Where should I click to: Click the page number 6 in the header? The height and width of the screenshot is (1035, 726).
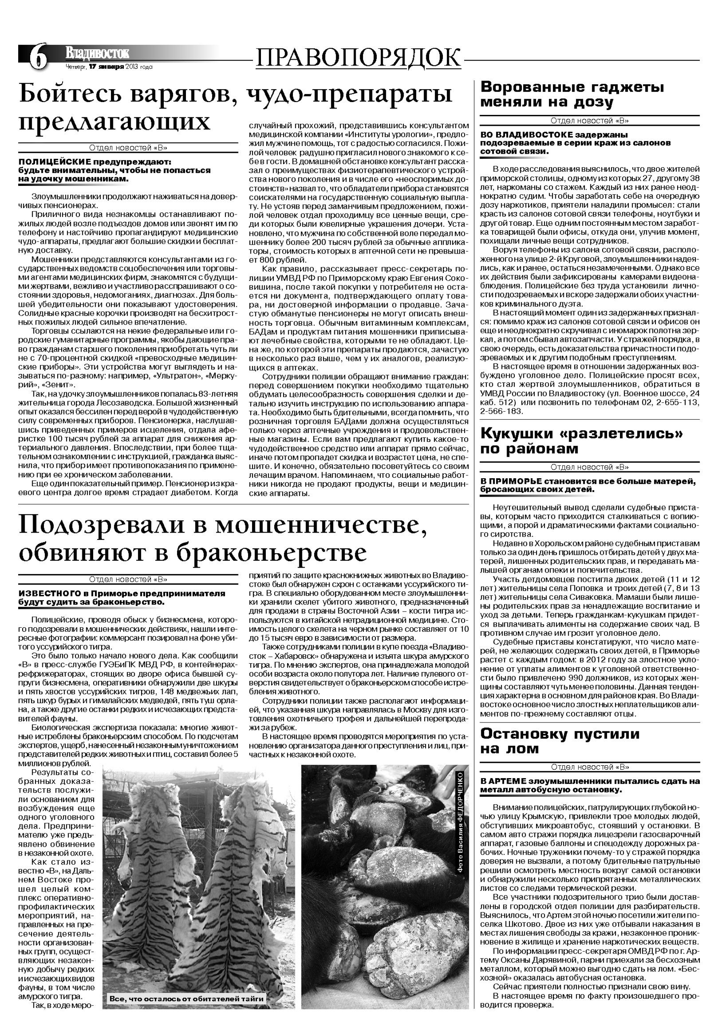coord(38,58)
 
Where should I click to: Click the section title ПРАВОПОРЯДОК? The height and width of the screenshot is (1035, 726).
coord(359,58)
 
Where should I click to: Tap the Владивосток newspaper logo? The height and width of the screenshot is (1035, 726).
coord(97,53)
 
